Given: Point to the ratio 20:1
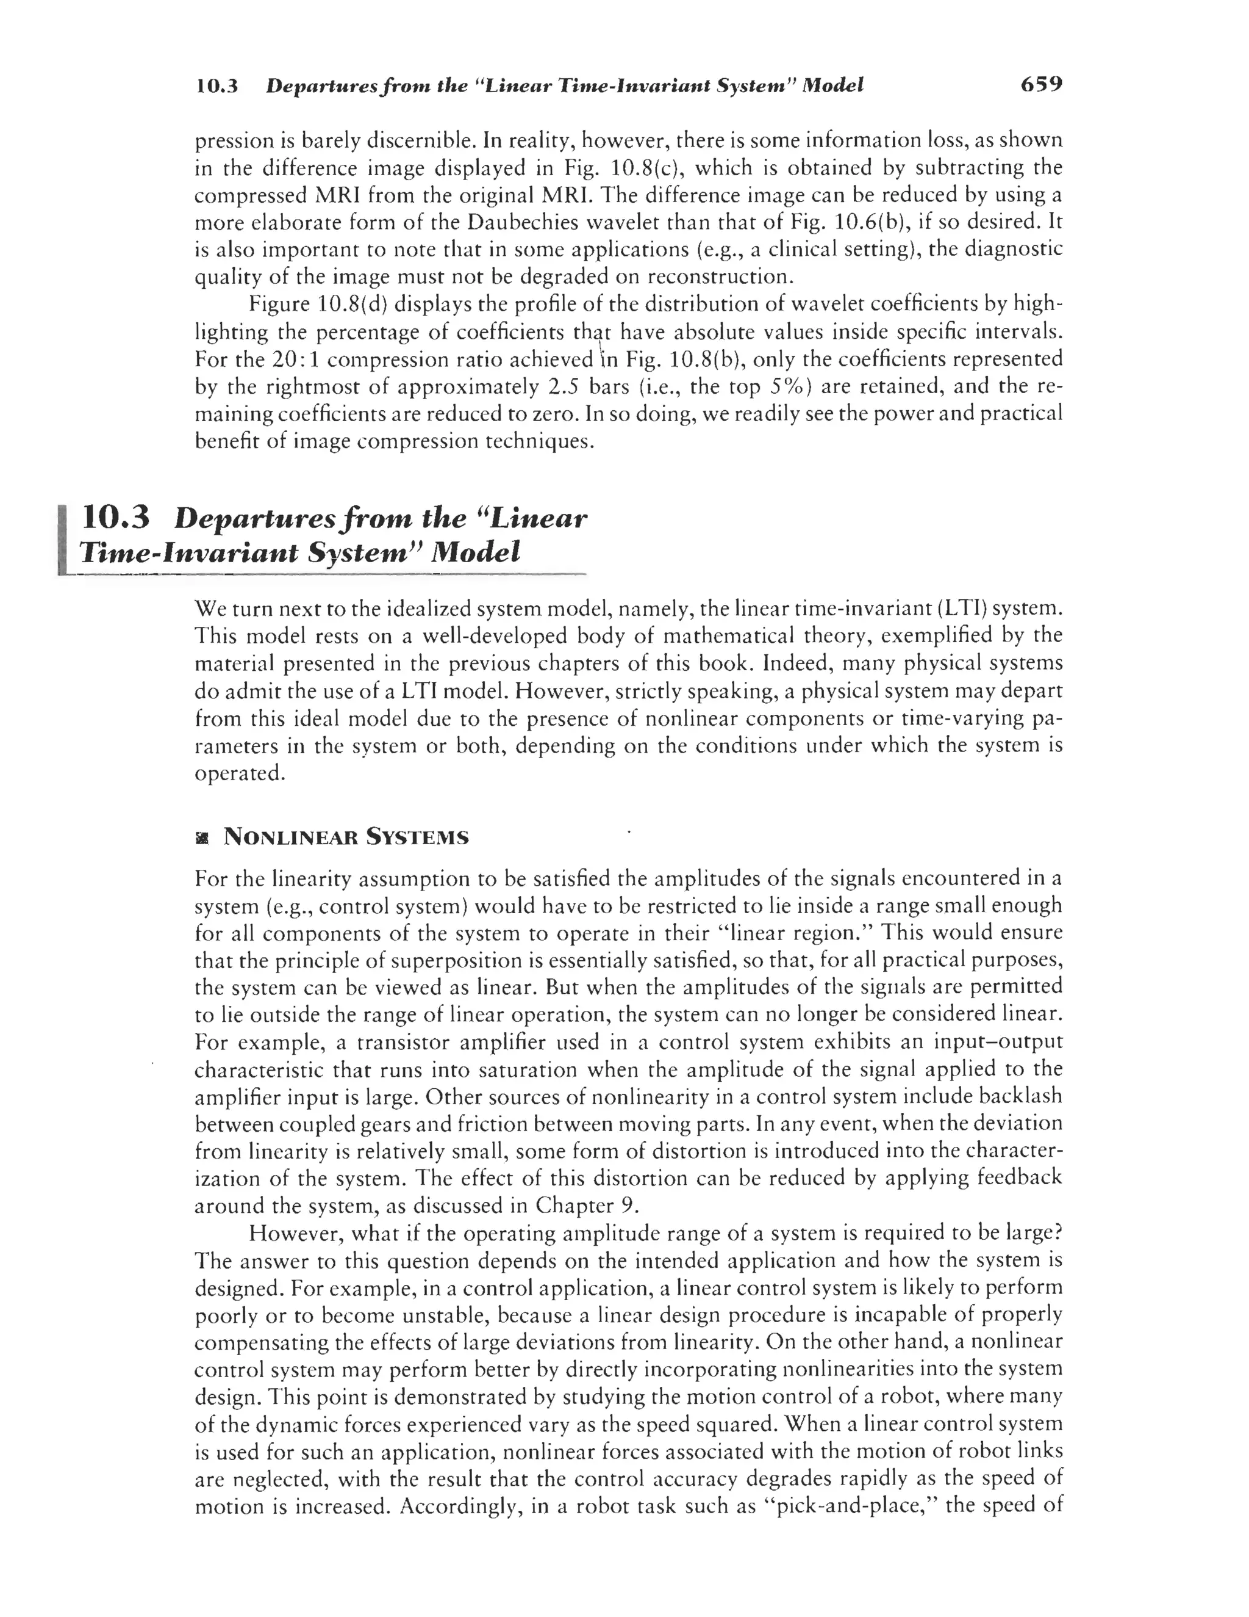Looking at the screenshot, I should click(x=296, y=360).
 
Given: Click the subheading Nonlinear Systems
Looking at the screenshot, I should click(x=346, y=838).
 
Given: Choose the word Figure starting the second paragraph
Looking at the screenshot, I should click(x=280, y=305).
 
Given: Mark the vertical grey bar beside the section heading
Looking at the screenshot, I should click(x=63, y=538).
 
